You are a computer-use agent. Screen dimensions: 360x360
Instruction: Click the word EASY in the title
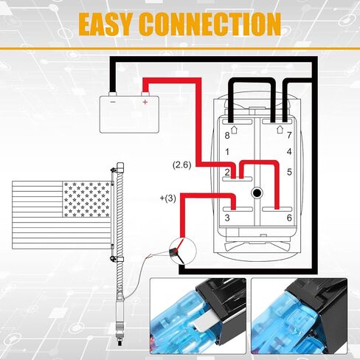click(107, 24)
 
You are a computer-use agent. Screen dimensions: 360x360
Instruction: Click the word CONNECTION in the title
click(210, 24)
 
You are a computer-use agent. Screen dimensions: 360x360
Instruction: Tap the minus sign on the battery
click(113, 102)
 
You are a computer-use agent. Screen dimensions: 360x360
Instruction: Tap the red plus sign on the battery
click(145, 102)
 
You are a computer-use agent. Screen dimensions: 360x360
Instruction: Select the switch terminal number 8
click(227, 136)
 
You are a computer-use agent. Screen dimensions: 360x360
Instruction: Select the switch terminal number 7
click(289, 135)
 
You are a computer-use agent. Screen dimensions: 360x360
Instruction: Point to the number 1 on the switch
click(227, 152)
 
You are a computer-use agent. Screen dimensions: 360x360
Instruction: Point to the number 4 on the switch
click(289, 151)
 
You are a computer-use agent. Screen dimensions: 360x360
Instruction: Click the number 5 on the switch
click(289, 172)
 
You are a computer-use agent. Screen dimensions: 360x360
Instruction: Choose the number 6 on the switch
click(289, 218)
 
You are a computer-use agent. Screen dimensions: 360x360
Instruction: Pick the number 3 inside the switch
click(227, 218)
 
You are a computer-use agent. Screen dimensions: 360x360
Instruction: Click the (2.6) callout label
click(181, 165)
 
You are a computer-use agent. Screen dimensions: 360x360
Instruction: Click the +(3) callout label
click(168, 198)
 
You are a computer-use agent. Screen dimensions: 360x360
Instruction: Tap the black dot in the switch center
click(257, 193)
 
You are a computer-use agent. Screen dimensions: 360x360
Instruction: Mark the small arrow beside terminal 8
click(235, 130)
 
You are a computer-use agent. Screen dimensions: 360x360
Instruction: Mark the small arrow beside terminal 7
click(280, 129)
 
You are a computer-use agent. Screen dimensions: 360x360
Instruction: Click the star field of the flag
click(86, 199)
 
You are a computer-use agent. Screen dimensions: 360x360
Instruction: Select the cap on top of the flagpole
click(120, 167)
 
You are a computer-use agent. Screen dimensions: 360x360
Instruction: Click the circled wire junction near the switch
click(183, 251)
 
